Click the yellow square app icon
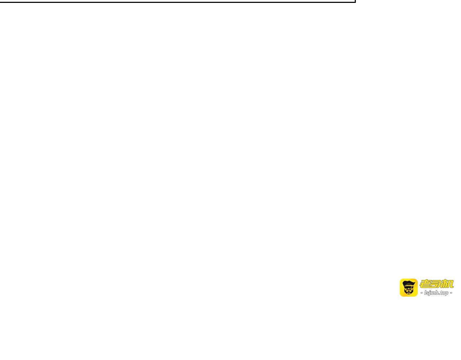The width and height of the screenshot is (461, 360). point(408,288)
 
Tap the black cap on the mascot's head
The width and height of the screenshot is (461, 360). point(408,283)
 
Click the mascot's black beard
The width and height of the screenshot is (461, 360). point(408,293)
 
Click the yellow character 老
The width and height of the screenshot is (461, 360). point(425,284)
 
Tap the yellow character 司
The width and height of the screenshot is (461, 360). point(435,284)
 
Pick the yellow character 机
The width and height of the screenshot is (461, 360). point(447,284)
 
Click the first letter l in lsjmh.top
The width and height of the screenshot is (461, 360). point(425,293)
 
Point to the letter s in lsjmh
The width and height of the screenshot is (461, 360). point(428,293)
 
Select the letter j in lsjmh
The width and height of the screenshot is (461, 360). point(430,293)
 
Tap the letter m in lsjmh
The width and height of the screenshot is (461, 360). point(433,293)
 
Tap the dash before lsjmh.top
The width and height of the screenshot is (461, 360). point(422,293)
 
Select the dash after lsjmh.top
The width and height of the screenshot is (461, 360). point(451,293)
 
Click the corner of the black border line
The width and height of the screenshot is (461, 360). point(355,2)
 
